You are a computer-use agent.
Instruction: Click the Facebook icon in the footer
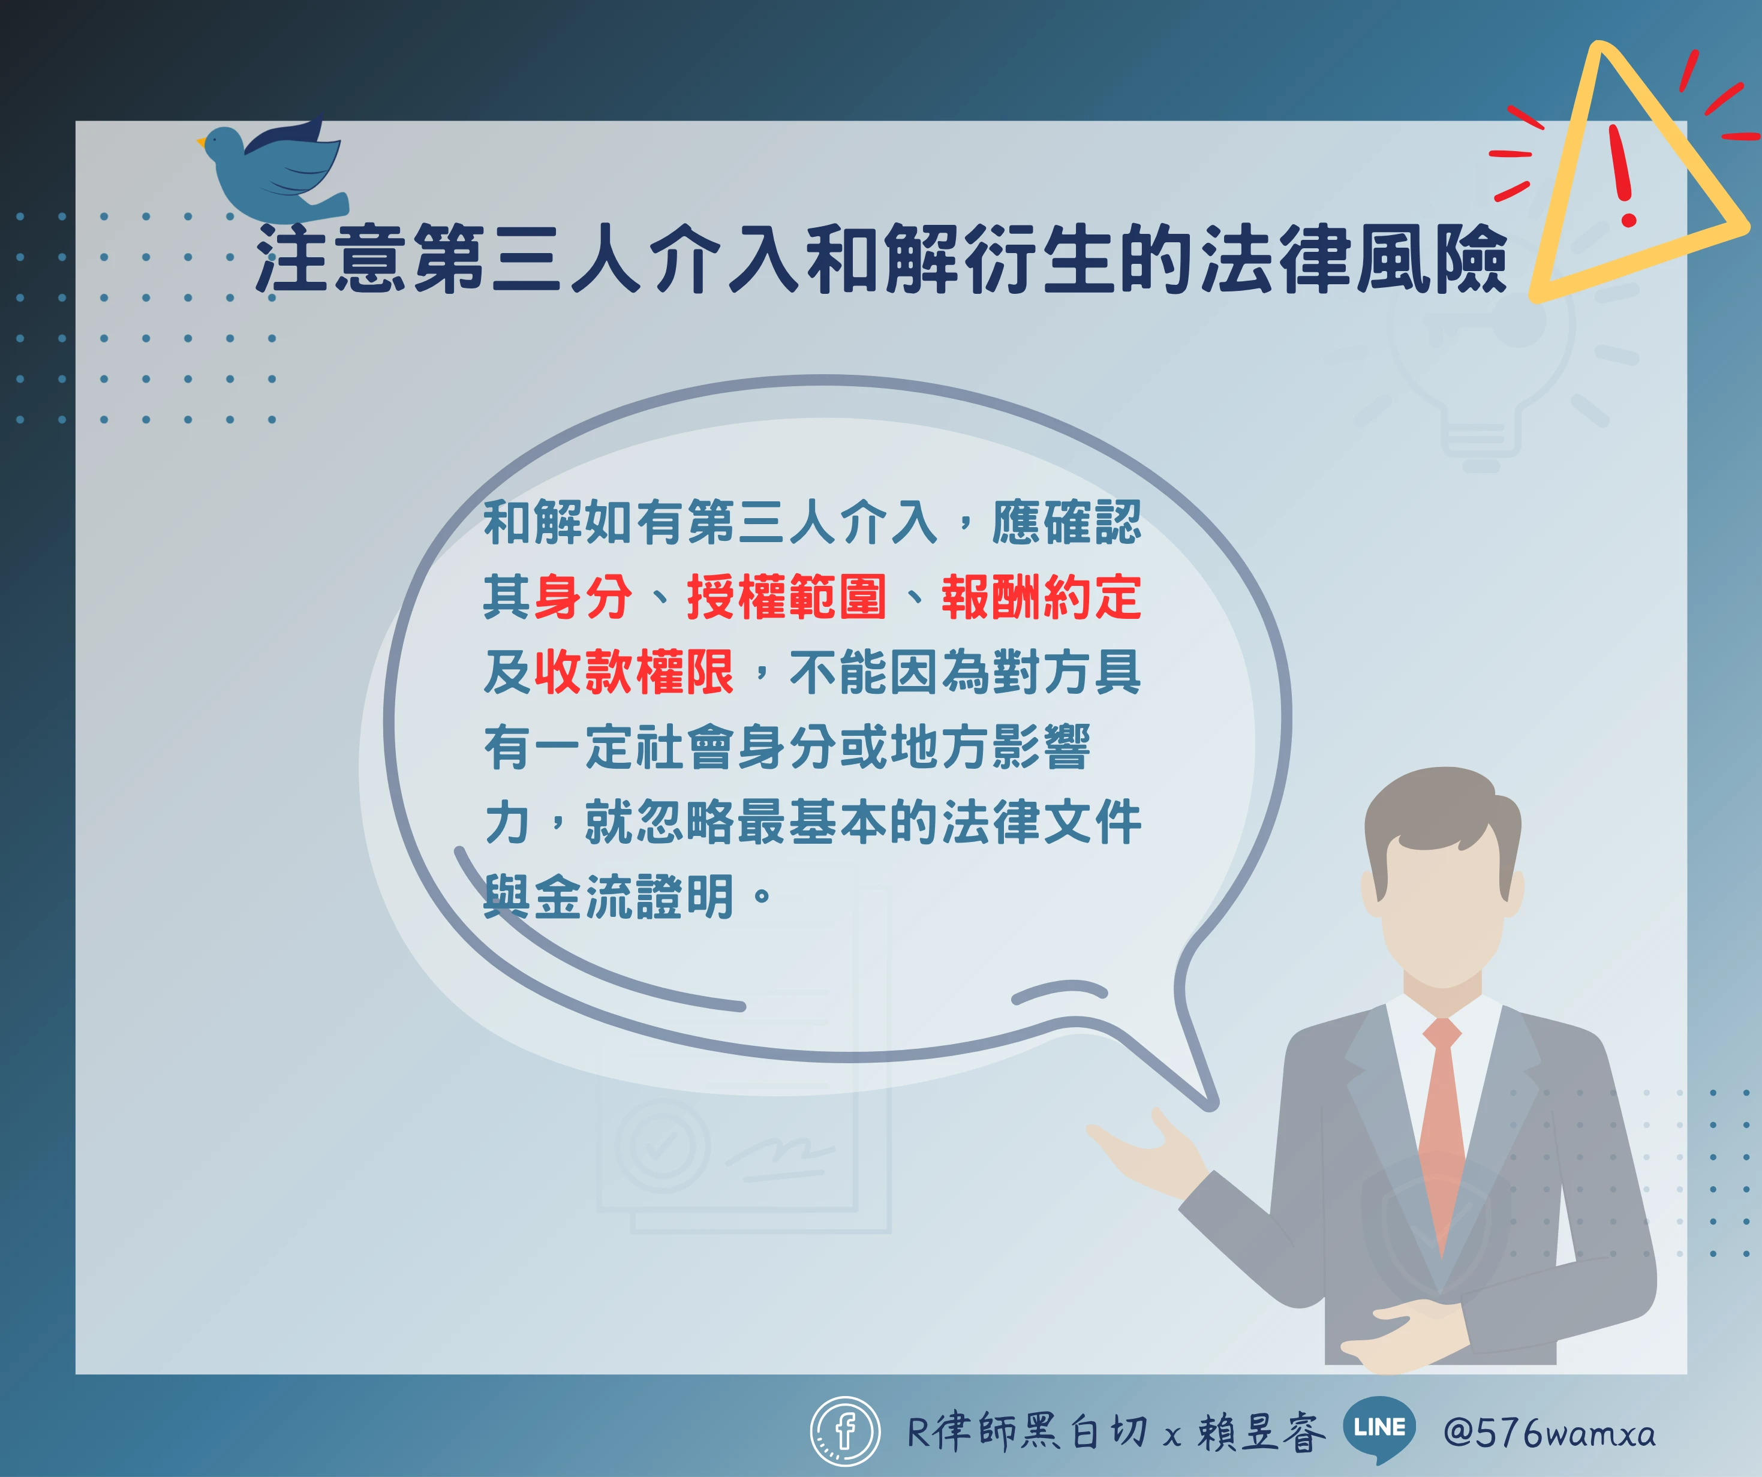tap(845, 1431)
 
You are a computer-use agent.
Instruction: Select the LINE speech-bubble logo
tap(1379, 1428)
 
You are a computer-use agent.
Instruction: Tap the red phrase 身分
tap(583, 597)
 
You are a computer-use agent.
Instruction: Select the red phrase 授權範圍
tap(786, 597)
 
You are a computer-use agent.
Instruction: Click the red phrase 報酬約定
tap(1041, 597)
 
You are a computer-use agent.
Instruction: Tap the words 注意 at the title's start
tap(332, 258)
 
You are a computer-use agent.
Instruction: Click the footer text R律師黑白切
tap(1027, 1431)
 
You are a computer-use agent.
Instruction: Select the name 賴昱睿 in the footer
tap(1262, 1431)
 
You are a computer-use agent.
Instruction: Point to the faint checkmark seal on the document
tap(663, 1145)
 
